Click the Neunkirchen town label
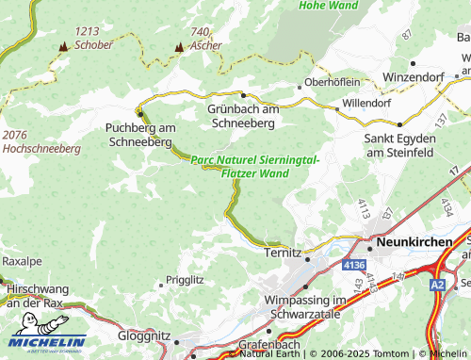415,242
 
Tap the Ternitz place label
282,254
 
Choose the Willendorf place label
366,102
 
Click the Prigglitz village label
185,280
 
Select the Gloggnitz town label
144,335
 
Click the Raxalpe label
23,259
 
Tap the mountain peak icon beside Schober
63,45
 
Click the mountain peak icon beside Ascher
179,46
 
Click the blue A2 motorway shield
437,283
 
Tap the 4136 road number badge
353,267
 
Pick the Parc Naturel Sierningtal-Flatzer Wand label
254,167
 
